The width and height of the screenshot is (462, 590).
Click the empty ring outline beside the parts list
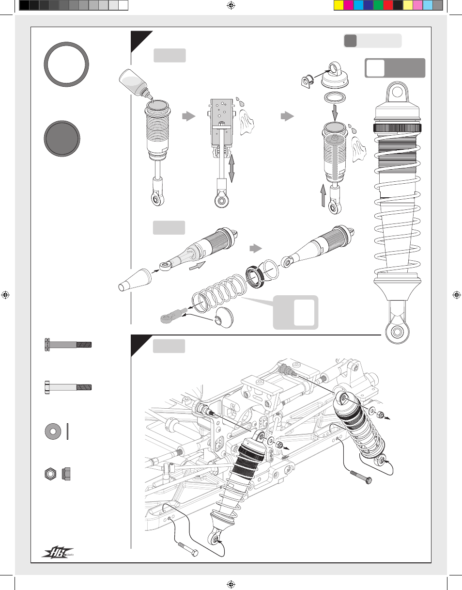(66, 64)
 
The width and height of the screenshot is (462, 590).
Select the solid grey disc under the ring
(62, 138)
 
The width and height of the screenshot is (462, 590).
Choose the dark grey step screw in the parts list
(67, 344)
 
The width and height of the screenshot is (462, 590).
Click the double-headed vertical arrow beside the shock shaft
(231, 167)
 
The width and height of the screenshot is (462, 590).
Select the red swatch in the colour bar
(388, 5)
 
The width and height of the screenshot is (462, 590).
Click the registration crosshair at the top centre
(231, 6)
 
